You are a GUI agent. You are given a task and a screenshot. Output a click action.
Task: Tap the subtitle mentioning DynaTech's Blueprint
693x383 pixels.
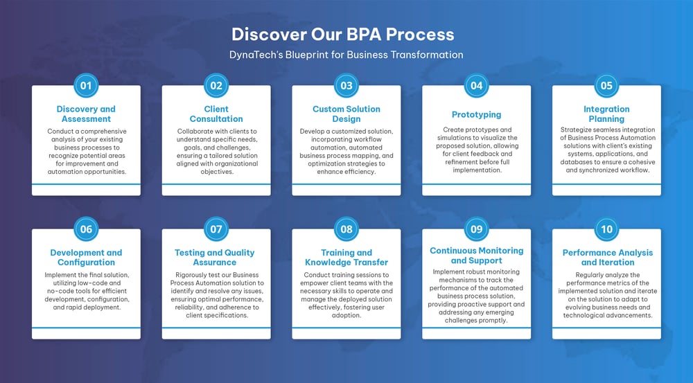346,54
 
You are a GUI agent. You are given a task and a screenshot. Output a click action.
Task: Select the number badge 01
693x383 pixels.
86,86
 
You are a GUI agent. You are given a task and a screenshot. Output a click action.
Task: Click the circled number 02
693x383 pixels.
216,86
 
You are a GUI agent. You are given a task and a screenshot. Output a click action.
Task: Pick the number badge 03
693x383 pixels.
346,86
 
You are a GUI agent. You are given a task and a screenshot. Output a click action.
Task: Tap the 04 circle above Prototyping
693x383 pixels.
476,86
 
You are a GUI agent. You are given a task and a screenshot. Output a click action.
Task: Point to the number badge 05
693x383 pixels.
606,86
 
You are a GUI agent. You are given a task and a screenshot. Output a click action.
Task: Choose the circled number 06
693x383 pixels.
86,229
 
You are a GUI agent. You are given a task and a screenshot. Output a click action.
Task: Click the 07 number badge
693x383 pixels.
216,229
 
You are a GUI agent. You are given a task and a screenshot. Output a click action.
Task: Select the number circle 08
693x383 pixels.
346,229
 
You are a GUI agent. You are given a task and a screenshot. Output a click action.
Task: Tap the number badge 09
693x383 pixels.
476,229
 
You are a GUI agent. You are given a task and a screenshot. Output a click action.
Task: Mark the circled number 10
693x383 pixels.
606,229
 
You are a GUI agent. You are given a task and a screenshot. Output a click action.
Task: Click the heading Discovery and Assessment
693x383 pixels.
86,114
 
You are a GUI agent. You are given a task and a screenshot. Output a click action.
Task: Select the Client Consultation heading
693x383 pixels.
216,114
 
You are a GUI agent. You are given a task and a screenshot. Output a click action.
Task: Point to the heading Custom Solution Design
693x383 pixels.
346,114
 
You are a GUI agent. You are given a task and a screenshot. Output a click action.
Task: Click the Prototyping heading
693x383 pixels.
476,114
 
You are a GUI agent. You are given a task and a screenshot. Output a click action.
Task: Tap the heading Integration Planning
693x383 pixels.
606,114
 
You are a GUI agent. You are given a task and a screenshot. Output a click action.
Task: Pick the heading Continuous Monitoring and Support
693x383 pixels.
476,256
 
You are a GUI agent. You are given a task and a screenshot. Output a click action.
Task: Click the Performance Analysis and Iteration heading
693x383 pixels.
606,258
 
